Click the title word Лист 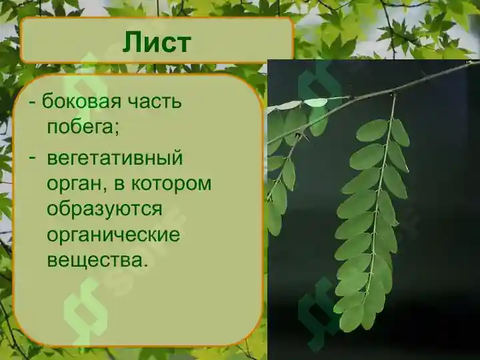point(157,42)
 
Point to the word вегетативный point(114,159)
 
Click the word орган point(74,183)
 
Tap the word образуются point(104,207)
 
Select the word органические point(113,234)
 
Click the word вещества point(94,259)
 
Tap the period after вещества point(145,264)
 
